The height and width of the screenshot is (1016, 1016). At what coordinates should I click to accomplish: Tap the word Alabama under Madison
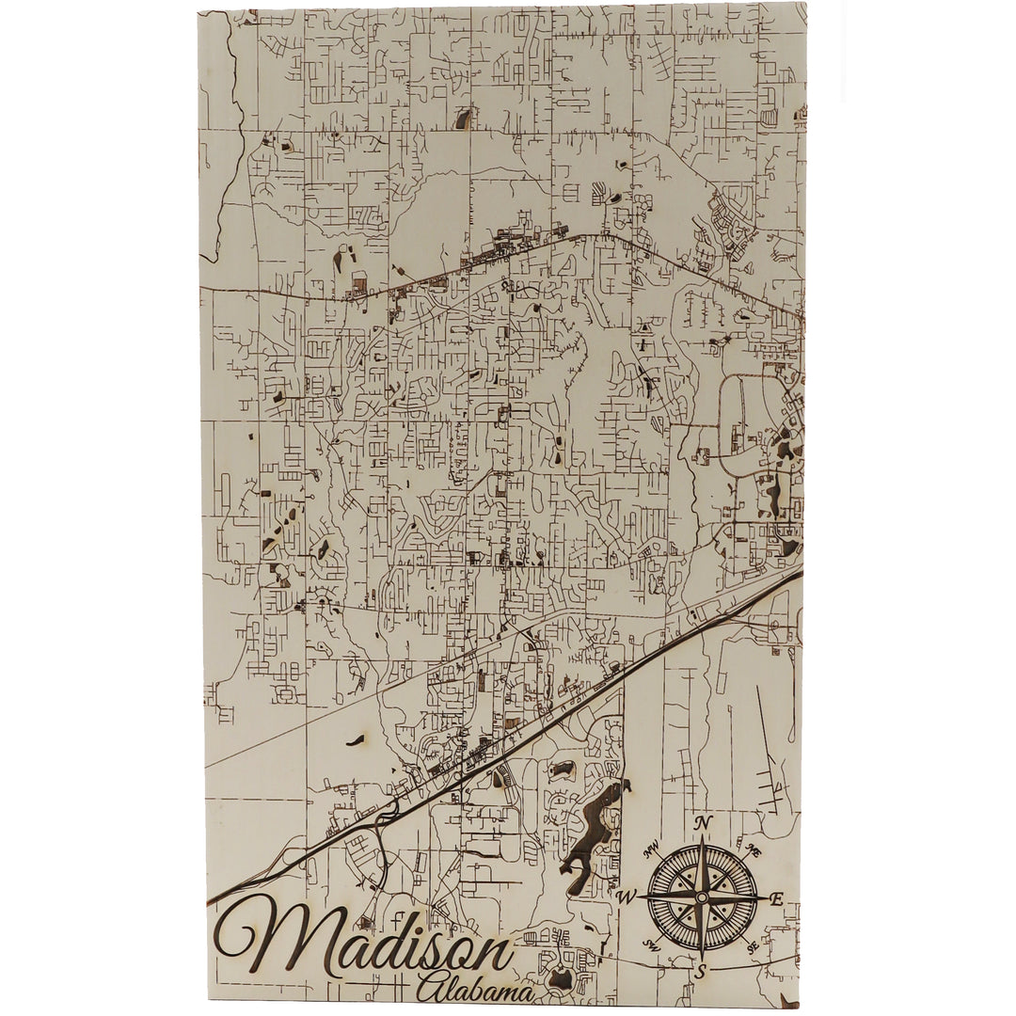475,990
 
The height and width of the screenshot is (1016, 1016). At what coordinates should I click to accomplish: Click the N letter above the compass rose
703,823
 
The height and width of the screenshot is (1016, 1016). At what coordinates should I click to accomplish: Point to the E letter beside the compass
776,899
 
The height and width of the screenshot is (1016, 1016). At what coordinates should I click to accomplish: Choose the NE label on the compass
753,850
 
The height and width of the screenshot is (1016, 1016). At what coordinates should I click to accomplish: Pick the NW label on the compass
650,852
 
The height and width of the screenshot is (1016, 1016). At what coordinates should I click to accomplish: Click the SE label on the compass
751,948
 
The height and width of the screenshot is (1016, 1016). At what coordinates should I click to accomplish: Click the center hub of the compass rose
702,897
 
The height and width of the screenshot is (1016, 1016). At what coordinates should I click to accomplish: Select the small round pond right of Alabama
562,978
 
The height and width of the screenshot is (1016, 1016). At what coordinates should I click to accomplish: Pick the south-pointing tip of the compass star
702,960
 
